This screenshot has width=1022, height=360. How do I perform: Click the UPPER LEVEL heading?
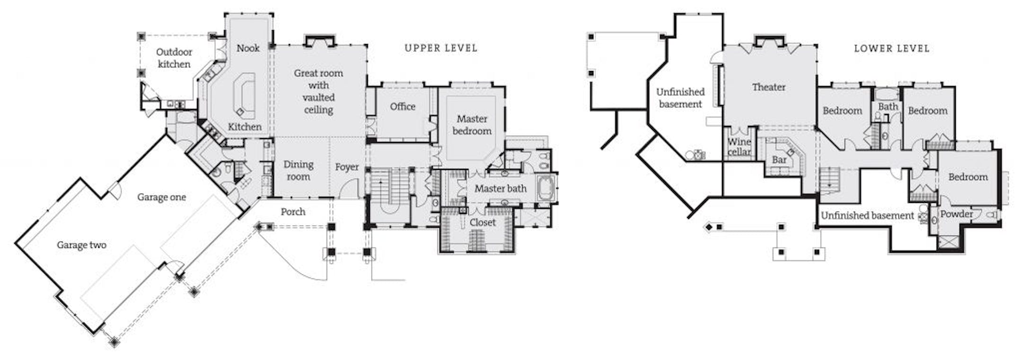point(441,48)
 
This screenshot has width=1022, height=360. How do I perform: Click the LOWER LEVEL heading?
point(891,48)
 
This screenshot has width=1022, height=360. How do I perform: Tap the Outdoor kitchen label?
point(174,58)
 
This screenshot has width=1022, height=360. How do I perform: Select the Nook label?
point(248,48)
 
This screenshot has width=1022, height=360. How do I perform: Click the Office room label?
point(403,106)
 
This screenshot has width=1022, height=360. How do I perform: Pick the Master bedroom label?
point(472,125)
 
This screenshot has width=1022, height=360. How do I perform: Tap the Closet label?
point(483,222)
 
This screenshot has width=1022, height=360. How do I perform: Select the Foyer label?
point(347,167)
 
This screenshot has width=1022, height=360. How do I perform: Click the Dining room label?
point(298,170)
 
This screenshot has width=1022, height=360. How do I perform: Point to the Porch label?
point(293,211)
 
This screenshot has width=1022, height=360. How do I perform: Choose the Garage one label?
point(161,197)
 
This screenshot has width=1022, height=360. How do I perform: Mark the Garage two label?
point(81,245)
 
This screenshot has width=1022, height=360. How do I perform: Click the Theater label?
point(768,87)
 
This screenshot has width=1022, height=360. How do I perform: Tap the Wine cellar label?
point(739,147)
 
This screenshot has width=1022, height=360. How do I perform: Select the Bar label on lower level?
point(779,160)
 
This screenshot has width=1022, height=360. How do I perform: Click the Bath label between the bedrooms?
point(888,106)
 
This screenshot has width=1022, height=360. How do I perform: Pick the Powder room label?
point(956,214)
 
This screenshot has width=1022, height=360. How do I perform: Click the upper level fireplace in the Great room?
point(318,41)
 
